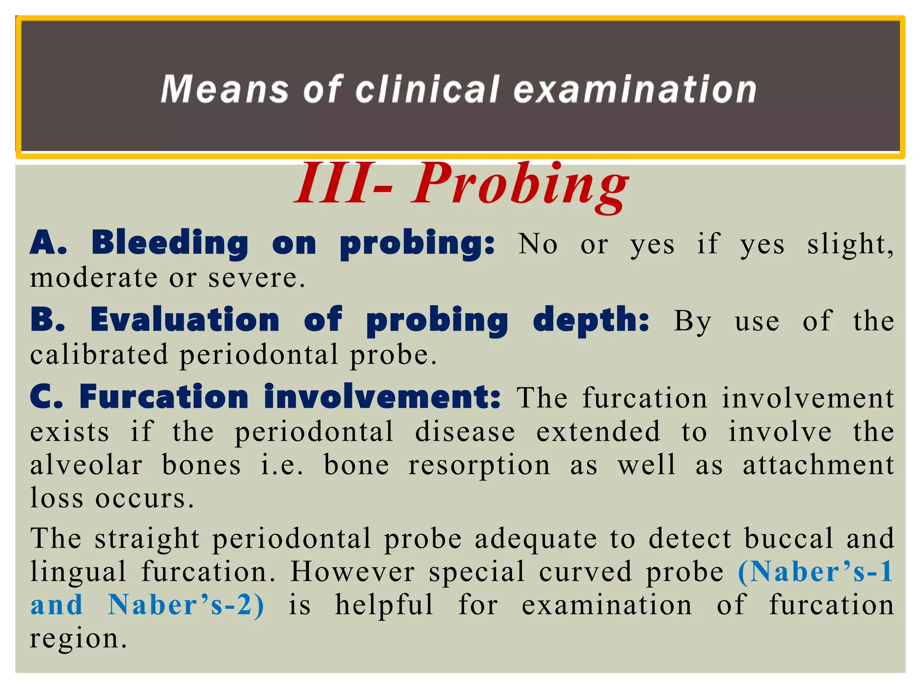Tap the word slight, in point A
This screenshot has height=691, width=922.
[x=850, y=245]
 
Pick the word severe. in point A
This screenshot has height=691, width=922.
[x=257, y=278]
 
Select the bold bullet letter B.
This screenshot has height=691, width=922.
[x=48, y=320]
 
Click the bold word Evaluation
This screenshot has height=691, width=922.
[x=185, y=320]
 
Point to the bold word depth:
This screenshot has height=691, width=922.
[x=591, y=321]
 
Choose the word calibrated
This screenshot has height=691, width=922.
[x=99, y=354]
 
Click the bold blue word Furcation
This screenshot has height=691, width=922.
[x=164, y=397]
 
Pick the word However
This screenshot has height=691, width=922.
[x=352, y=572]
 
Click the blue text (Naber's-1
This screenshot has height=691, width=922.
[x=815, y=572]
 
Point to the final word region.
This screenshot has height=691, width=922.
[x=78, y=639]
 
